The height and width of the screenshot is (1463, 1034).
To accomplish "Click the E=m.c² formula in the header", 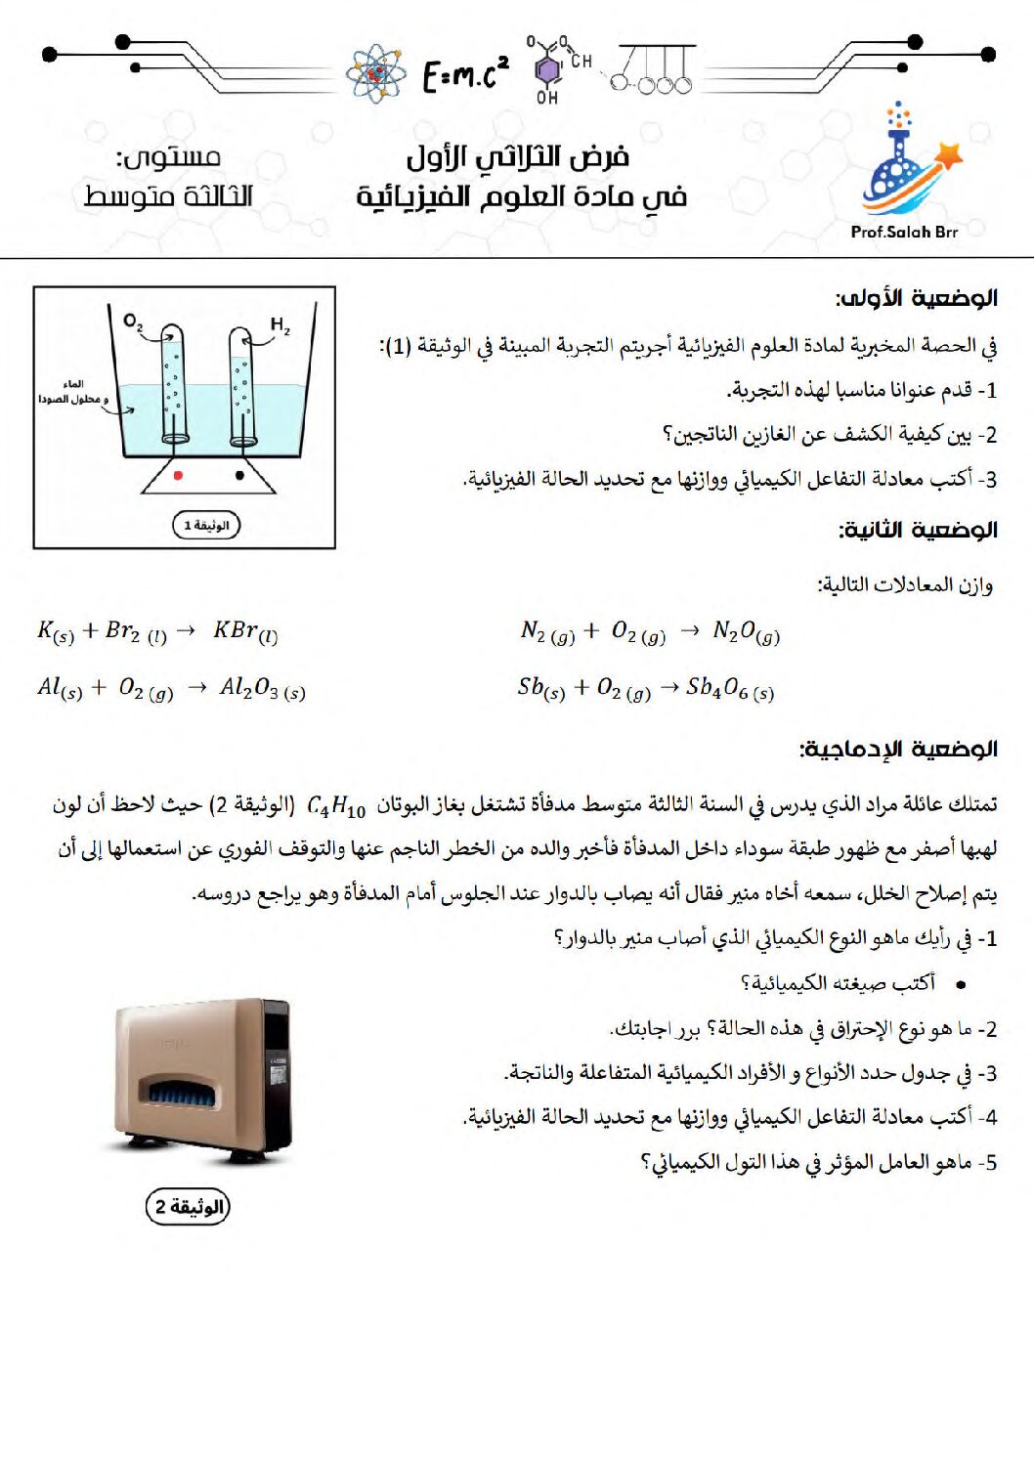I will (x=465, y=73).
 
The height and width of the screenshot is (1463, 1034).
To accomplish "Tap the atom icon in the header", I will (x=376, y=73).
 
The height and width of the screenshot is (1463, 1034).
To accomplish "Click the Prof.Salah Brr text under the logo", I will (x=904, y=232).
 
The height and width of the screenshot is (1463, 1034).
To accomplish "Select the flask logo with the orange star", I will (x=908, y=161).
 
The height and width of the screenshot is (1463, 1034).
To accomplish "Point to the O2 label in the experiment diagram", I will (x=133, y=322).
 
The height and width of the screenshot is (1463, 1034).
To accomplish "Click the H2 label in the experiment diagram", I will (x=280, y=325).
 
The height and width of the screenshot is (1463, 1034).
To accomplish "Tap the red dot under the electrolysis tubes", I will (x=178, y=476).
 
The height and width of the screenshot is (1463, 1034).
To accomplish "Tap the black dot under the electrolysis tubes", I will (x=239, y=476).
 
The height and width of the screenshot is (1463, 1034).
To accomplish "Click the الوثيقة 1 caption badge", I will (x=205, y=525).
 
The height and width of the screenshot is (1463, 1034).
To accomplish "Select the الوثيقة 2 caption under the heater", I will (x=189, y=1207).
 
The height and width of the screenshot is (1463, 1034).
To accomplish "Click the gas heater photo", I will (x=203, y=1080).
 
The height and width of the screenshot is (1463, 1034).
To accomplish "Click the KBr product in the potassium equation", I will (x=244, y=631).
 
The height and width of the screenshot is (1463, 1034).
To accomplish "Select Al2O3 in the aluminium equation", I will (x=262, y=689).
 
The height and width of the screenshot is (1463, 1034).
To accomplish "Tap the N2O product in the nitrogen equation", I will (x=746, y=631).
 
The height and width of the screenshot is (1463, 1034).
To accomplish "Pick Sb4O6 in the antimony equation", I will (x=729, y=689).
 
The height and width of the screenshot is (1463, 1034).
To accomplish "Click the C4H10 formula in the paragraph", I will (x=336, y=806).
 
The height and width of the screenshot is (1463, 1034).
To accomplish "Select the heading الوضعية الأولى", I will (x=916, y=298).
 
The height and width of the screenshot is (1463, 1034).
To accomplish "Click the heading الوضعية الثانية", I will (x=917, y=530).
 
